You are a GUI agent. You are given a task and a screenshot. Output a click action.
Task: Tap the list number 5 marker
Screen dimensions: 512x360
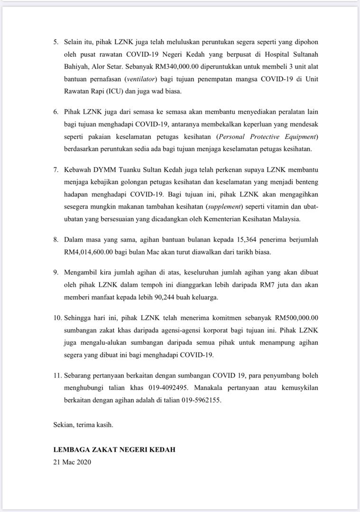[55, 42]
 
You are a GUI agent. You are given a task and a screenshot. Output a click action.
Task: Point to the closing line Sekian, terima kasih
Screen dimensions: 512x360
[83, 425]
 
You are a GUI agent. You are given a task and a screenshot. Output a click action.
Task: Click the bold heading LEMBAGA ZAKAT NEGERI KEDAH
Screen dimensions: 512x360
[114, 449]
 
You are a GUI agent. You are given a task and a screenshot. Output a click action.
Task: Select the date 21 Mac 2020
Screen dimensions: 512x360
[72, 462]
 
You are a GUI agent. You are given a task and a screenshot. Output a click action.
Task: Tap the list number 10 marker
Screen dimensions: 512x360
[57, 318]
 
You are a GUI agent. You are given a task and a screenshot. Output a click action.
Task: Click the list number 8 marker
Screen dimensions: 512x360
[55, 239]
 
